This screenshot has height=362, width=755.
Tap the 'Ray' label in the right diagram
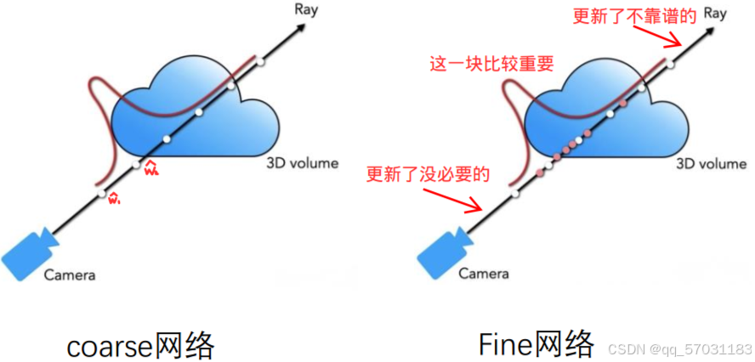pos(715,13)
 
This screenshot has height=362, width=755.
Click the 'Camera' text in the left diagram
pos(69,274)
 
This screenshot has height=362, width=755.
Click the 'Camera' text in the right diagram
pos(484,274)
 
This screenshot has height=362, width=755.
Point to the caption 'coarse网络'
pos(141,344)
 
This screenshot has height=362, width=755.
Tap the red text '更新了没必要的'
pos(429,175)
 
